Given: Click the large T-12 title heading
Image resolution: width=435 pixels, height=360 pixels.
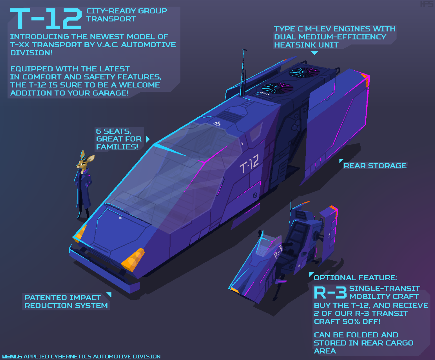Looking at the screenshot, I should (46, 19).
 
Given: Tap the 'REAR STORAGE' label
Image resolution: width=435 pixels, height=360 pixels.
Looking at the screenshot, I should (375, 166).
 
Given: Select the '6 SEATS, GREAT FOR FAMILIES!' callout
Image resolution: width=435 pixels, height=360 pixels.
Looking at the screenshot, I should (119, 139).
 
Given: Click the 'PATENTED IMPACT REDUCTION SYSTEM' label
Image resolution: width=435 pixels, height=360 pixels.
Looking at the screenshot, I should (66, 302).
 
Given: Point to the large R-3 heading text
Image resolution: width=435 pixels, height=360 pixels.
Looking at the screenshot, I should (330, 293).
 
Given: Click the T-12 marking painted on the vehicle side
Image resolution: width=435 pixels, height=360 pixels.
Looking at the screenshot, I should (249, 164).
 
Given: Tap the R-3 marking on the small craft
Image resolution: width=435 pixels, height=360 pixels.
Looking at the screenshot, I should (278, 252).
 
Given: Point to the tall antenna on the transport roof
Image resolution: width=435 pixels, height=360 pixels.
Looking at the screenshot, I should (243, 73).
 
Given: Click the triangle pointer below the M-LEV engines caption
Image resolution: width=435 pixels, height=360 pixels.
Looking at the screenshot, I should (314, 53).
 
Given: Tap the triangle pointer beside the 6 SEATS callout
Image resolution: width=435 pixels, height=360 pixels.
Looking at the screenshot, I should (148, 139).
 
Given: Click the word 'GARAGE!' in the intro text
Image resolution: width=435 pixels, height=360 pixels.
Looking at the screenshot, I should (110, 93).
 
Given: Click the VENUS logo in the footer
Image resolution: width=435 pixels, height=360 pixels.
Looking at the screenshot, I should (12, 357).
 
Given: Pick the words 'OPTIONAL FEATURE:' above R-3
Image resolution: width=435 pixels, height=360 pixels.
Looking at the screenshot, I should (356, 278).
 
